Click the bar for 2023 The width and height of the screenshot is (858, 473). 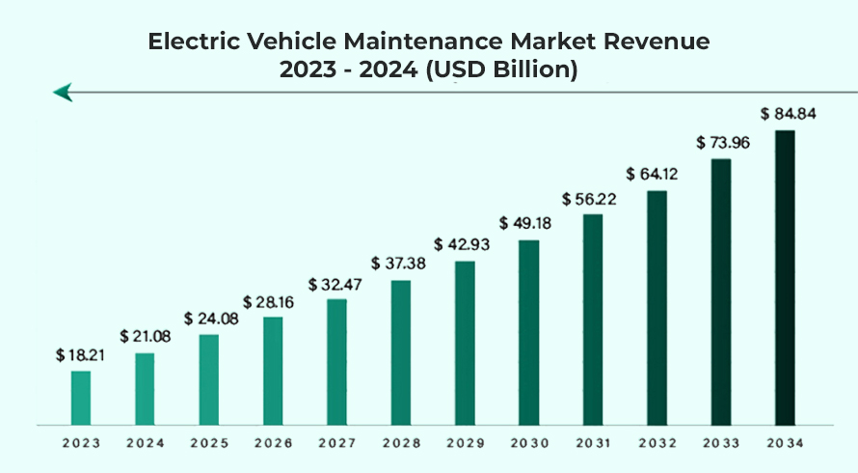[x=81, y=398]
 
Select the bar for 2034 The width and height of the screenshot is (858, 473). [x=786, y=277]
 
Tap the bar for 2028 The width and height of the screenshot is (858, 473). [x=401, y=352]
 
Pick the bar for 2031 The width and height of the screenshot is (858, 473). [x=593, y=320]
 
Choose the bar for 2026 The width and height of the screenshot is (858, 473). [x=273, y=371]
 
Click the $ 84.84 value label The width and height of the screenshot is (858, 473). [x=789, y=114]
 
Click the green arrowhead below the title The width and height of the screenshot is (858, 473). [x=64, y=93]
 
